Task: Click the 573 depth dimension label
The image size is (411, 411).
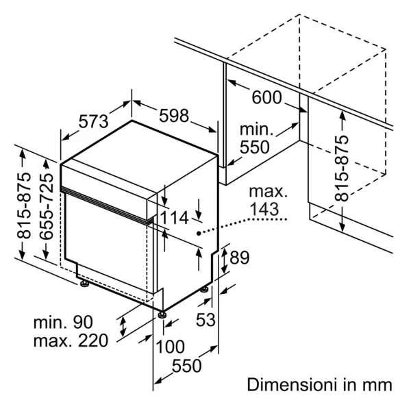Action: point(94,121)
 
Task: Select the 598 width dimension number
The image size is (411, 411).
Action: point(174,115)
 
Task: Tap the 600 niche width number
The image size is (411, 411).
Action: point(266,97)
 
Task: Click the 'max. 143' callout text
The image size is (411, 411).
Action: point(268,201)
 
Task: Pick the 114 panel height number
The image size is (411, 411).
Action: point(174,218)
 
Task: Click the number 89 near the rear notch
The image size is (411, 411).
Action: point(239,258)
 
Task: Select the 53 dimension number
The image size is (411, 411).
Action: point(206,320)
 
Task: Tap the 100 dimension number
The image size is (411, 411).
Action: point(170,347)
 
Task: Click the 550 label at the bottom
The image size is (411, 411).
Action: point(186,366)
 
